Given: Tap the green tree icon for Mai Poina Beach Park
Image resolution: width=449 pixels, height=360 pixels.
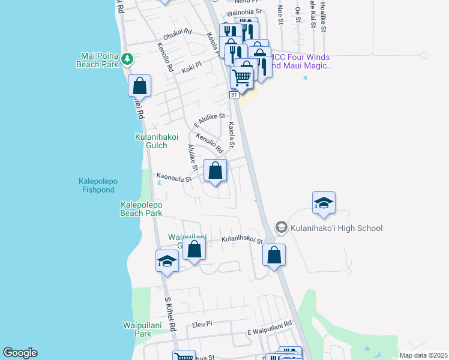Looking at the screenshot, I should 127,58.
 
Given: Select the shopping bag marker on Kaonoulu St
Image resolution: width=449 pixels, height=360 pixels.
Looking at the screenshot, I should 215,172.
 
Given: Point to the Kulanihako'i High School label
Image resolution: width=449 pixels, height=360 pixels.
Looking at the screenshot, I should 336,228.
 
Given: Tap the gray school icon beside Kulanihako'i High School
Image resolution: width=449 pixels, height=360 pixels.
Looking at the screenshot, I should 281,227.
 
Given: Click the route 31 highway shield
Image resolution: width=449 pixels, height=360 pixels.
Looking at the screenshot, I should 234,95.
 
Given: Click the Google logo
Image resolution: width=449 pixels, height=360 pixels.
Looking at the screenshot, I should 20,353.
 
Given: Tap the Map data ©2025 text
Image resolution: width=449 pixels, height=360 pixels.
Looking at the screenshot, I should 423,355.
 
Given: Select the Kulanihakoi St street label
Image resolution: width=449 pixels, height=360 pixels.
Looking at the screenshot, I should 242,239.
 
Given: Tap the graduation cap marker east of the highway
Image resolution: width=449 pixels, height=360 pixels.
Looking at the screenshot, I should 323,204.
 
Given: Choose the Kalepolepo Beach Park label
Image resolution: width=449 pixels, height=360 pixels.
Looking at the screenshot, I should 141,209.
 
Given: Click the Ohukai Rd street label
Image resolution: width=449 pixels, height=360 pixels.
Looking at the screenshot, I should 177,31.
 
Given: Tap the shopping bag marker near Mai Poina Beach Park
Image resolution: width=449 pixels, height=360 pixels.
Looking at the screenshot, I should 139,86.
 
